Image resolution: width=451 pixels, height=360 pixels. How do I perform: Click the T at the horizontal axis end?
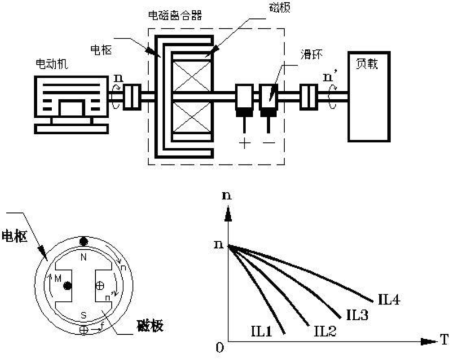tap(444, 340)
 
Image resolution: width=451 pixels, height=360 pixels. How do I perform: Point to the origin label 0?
tap(220, 348)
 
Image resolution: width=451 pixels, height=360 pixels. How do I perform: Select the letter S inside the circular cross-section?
tap(84, 315)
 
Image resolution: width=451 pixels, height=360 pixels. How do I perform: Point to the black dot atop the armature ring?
tap(84, 241)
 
